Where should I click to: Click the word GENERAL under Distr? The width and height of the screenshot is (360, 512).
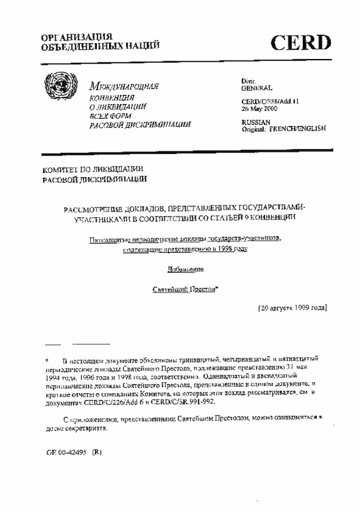(x=257, y=88)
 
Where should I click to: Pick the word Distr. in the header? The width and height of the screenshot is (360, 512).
(x=249, y=82)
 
